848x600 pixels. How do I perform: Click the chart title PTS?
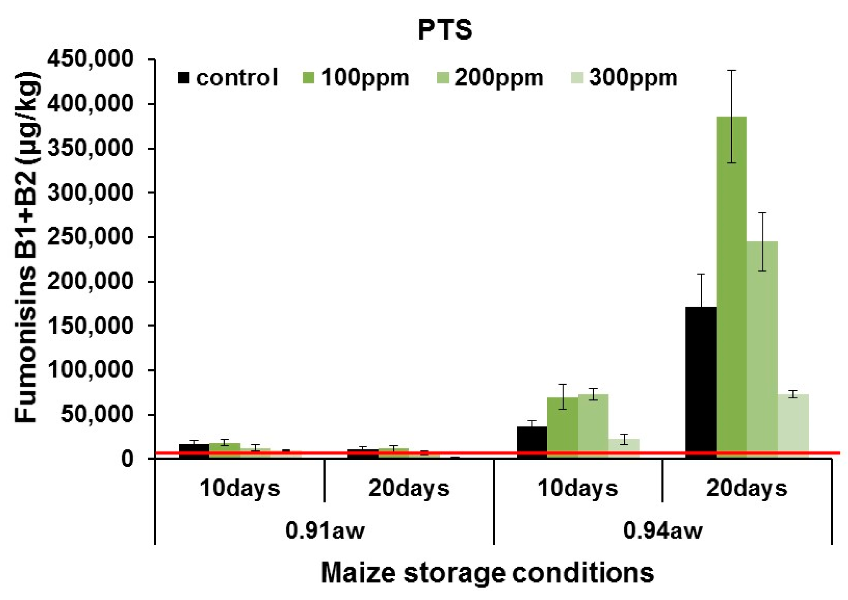(445, 30)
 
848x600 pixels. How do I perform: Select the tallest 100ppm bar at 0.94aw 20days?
(731, 288)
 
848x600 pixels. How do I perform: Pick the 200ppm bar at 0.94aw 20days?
(762, 350)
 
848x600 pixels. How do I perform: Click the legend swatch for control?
(183, 77)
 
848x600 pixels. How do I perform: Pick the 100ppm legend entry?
(356, 77)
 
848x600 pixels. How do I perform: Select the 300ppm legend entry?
(624, 77)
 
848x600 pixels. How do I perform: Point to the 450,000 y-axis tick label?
(90, 59)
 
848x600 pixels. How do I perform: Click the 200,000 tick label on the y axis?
(90, 281)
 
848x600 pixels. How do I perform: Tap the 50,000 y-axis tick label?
(97, 415)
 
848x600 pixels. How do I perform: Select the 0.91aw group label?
(325, 530)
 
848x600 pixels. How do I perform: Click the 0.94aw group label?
(663, 530)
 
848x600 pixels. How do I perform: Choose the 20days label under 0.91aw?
(409, 488)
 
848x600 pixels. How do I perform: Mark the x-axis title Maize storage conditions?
(487, 573)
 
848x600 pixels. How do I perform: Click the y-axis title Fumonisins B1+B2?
(26, 247)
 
